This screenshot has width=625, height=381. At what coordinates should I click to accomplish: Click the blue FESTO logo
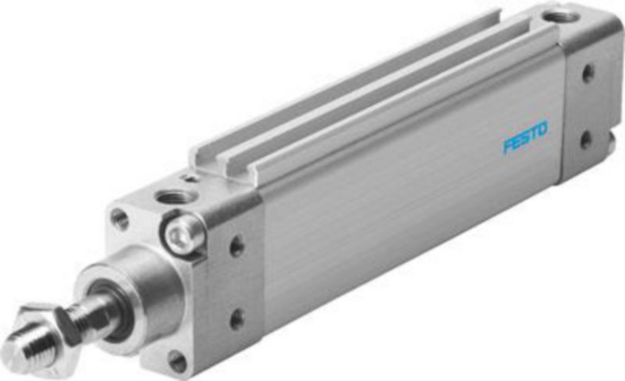[525, 136]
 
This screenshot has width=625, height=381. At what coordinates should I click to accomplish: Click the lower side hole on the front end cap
[238, 319]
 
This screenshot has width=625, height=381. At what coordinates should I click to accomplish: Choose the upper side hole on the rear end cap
[588, 73]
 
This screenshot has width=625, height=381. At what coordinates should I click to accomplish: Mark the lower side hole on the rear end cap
[587, 139]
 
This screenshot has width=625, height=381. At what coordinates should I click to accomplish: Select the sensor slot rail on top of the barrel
[365, 83]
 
